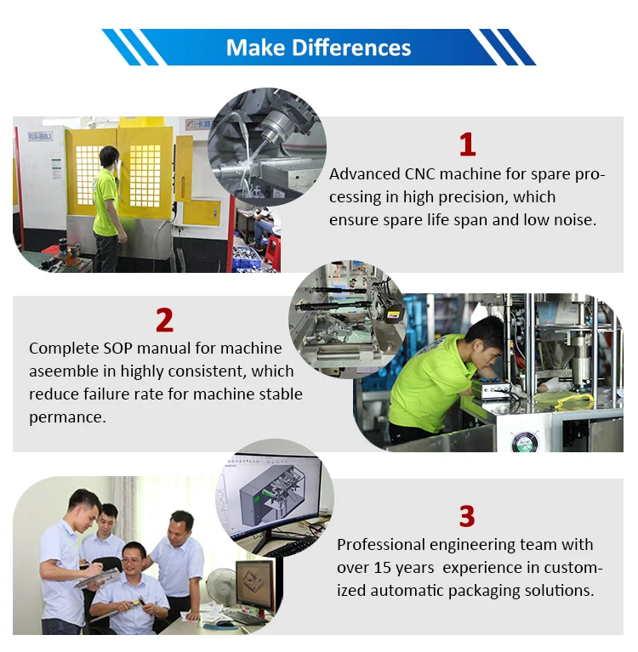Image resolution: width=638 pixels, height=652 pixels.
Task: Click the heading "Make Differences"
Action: (318, 48)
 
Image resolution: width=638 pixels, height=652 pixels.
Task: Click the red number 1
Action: (467, 145)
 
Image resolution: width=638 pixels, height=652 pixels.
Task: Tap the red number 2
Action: (164, 320)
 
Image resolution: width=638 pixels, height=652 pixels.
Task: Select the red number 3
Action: (466, 516)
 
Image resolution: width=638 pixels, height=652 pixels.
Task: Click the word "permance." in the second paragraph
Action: (68, 417)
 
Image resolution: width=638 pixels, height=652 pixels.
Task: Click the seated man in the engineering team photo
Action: (131, 586)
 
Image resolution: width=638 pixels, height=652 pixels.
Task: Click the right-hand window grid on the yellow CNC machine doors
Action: (145, 175)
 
